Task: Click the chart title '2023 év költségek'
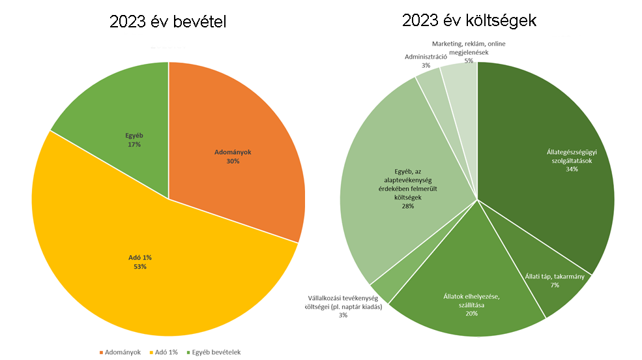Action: point(469,21)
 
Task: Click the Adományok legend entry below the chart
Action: point(120,352)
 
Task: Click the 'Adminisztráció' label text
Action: point(426,57)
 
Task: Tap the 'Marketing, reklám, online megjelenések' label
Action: point(468,48)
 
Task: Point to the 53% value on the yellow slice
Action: point(140,267)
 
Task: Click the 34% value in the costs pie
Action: point(572,170)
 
